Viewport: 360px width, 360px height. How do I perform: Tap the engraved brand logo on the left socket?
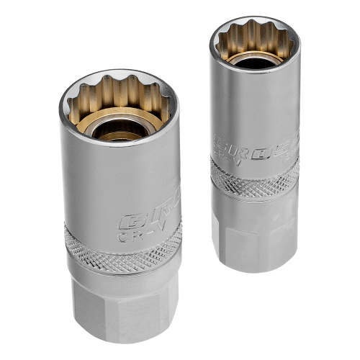(149, 218)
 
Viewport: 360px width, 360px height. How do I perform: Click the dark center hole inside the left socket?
(119, 130)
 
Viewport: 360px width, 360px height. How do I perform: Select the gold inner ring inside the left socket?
(119, 120)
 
